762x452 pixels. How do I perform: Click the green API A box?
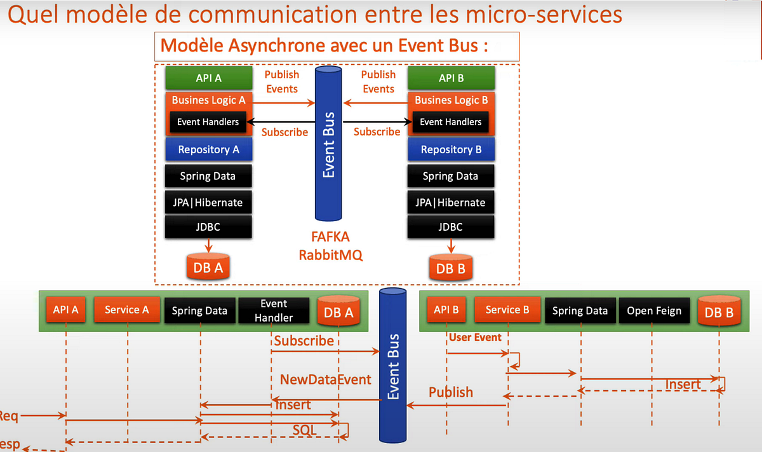[208, 78]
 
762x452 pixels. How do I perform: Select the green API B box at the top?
[451, 78]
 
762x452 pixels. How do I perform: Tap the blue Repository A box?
[208, 149]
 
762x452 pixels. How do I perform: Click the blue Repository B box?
[451, 149]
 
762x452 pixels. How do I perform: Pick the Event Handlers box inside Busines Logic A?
[208, 122]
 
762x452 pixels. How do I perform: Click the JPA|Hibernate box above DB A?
[208, 202]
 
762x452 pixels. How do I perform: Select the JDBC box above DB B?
[451, 227]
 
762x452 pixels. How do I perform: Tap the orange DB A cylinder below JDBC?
[208, 267]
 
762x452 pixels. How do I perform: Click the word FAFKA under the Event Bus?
[330, 238]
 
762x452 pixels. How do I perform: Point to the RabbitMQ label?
[330, 256]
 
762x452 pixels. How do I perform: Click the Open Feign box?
[653, 311]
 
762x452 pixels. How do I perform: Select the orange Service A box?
[126, 310]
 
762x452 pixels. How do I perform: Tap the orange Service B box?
[507, 310]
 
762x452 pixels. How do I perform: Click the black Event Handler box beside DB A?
[274, 310]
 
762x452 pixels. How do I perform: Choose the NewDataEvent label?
[326, 380]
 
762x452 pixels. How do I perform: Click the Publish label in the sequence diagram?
[451, 392]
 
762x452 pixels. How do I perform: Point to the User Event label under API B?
[475, 338]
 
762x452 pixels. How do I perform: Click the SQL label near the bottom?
[305, 430]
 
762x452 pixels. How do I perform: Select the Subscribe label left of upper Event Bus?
[284, 132]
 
